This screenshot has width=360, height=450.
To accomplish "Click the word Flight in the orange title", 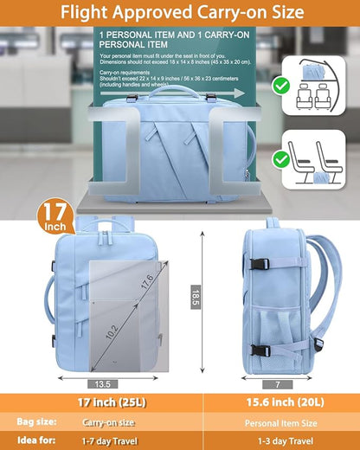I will pos(89,13).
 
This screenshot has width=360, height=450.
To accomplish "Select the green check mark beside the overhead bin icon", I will pos(280,86).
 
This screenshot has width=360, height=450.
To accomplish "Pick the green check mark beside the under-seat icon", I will pos(280,159).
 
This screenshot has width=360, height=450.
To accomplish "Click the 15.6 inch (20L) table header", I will pos(280,402).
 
